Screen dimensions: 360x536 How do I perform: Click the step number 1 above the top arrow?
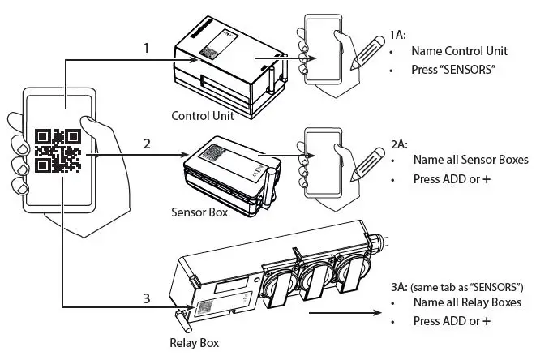[x=145, y=49]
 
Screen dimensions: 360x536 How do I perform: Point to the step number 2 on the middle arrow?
[x=147, y=144]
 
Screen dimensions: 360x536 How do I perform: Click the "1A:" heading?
[x=397, y=34]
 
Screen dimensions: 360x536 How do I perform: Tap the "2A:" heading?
[x=397, y=143]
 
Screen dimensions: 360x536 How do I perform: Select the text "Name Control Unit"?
[x=457, y=51]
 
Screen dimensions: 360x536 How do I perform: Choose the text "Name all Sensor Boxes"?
[x=470, y=160]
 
